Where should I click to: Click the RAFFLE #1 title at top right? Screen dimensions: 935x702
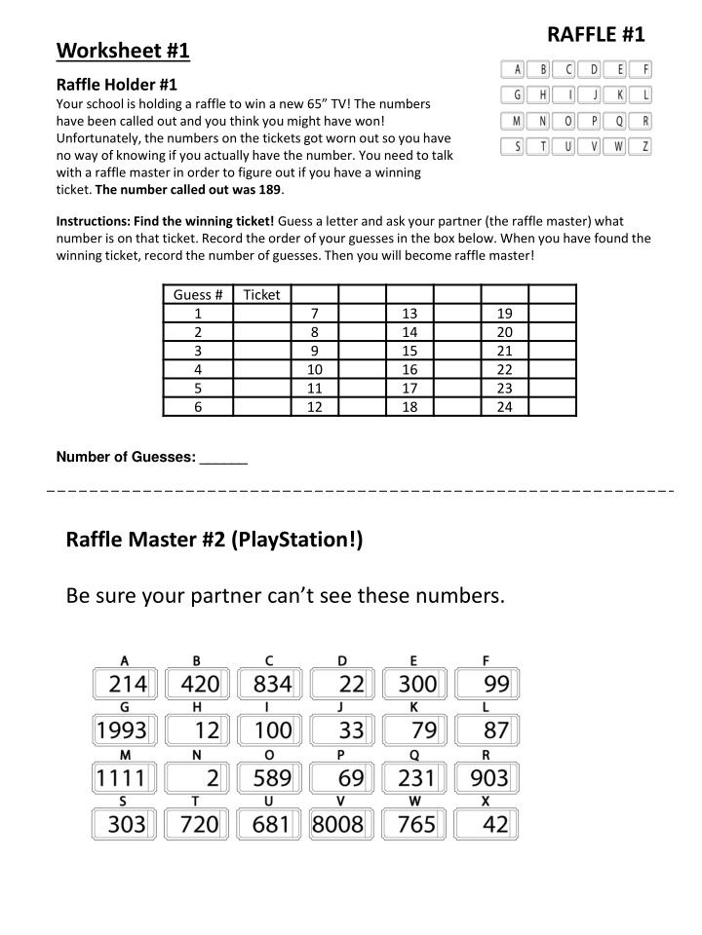pyautogui.click(x=596, y=35)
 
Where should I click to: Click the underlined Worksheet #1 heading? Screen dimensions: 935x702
pyautogui.click(x=122, y=50)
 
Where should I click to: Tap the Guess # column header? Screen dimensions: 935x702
pyautogui.click(x=198, y=294)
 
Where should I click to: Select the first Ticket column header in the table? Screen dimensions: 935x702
pyautogui.click(x=261, y=294)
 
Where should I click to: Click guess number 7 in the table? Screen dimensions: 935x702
pyautogui.click(x=314, y=314)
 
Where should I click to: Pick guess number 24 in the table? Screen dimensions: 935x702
pyautogui.click(x=504, y=407)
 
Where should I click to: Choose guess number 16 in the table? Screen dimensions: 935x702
pyautogui.click(x=409, y=369)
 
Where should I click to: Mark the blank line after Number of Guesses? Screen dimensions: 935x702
pyautogui.click(x=223, y=458)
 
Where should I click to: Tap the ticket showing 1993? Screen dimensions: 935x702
pyautogui.click(x=122, y=729)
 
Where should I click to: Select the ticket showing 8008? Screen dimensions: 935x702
pyautogui.click(x=337, y=825)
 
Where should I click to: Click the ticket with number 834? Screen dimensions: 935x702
pyautogui.click(x=267, y=683)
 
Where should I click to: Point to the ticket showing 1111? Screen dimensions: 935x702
pyautogui.click(x=122, y=777)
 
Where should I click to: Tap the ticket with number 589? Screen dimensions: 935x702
pyautogui.click(x=267, y=777)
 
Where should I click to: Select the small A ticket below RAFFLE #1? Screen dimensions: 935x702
pyautogui.click(x=513, y=69)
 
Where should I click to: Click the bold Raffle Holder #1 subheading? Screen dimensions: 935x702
pyautogui.click(x=116, y=85)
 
